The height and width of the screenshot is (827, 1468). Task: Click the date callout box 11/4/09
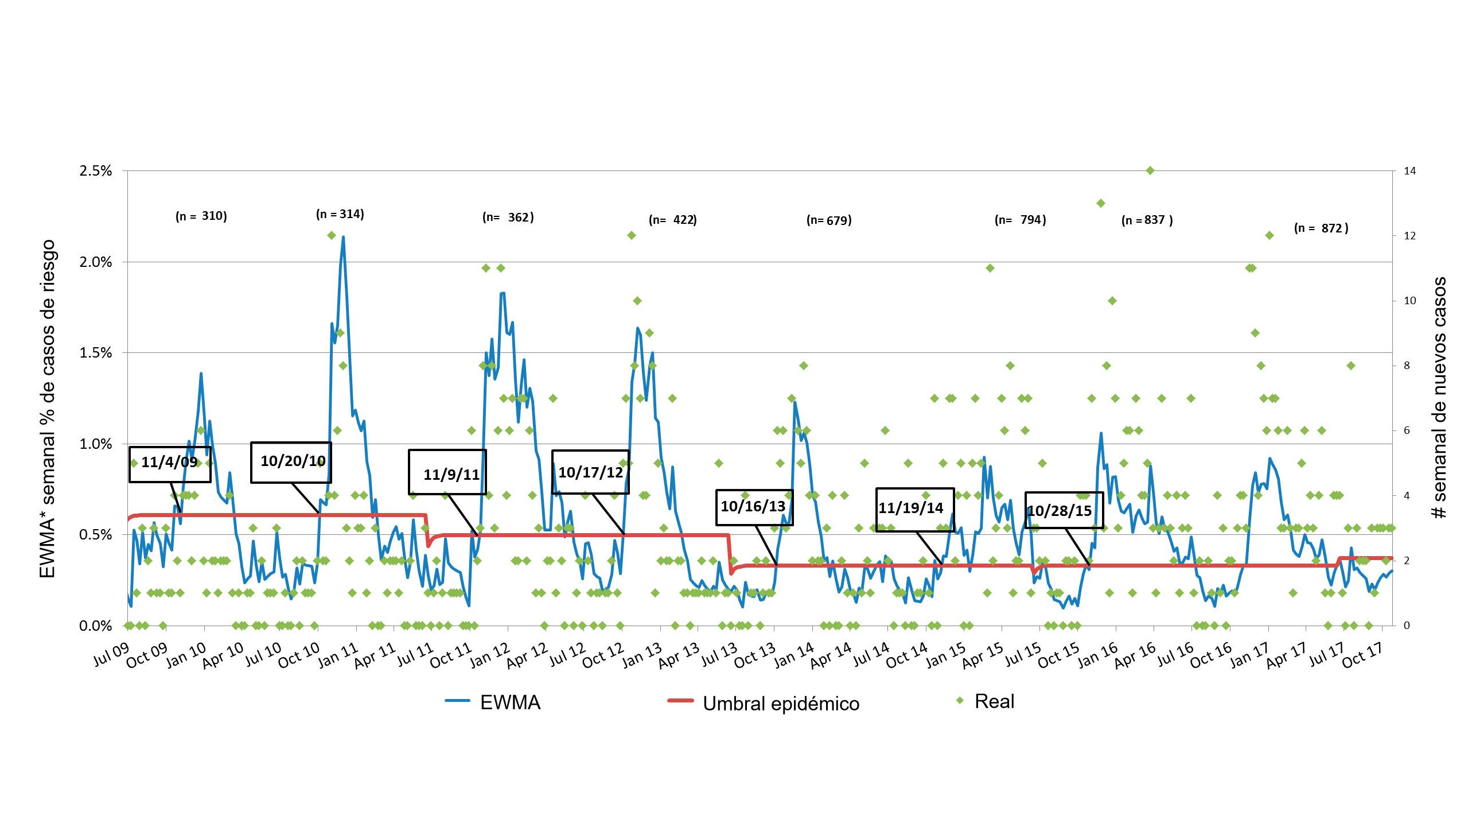point(170,464)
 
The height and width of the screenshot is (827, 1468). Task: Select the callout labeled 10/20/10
point(291,461)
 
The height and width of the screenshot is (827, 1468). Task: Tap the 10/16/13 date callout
point(754,507)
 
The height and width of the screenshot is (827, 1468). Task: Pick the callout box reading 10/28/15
point(1064,510)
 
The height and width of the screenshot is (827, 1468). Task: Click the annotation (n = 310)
point(201,216)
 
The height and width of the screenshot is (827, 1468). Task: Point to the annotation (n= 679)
point(829,220)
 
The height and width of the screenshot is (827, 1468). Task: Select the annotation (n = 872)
point(1321,228)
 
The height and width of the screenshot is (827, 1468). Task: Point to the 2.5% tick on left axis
point(95,171)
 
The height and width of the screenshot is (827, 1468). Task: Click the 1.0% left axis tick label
point(95,444)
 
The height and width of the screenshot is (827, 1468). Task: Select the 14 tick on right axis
point(1409,171)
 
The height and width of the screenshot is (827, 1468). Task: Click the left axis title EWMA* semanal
point(47,409)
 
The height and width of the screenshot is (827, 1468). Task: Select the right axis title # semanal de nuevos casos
point(1439,398)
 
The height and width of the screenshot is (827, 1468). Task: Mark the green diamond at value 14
point(1150,170)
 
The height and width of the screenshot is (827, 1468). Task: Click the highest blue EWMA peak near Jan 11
point(343,237)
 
